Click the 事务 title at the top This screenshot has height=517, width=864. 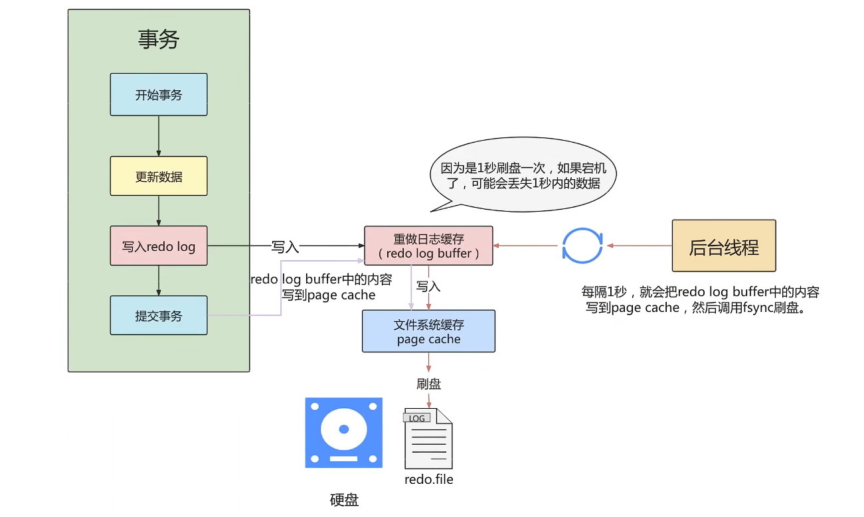[159, 39]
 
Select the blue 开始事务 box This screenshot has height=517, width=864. [159, 94]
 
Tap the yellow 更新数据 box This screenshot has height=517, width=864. [159, 177]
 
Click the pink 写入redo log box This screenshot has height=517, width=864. [159, 246]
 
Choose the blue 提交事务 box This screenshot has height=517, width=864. [159, 315]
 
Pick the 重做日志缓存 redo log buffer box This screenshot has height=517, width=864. [428, 246]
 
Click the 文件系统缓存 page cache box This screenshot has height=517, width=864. [428, 331]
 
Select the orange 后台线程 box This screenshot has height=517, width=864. [724, 246]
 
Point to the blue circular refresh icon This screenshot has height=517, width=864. [582, 246]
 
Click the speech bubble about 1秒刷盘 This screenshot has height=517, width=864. [521, 175]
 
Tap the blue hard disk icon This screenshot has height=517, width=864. [344, 433]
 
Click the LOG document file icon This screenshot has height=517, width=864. [428, 439]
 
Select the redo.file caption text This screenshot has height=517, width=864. [428, 479]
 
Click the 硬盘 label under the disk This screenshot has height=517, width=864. [344, 500]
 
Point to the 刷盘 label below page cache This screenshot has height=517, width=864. [428, 384]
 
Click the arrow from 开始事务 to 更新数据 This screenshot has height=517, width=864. [159, 136]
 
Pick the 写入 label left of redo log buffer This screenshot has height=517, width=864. [286, 248]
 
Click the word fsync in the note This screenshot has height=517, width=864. [754, 309]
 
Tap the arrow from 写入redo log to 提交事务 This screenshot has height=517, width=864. [159, 281]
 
